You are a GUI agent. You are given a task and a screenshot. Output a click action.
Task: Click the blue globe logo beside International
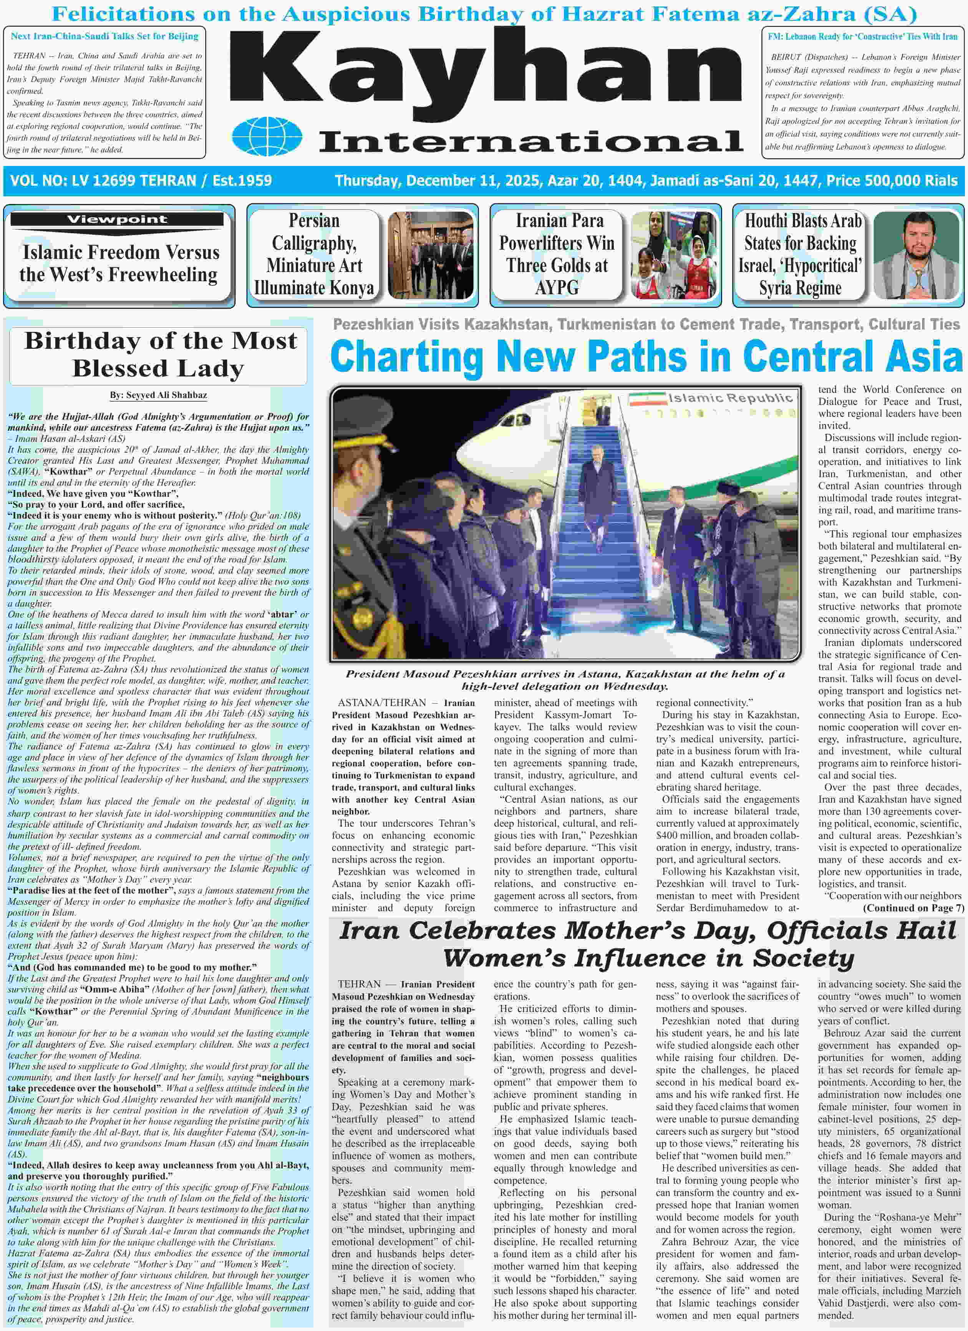267,137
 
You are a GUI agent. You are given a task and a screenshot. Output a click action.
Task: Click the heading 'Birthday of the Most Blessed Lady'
159,355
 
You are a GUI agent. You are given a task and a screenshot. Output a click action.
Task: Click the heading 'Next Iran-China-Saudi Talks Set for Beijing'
104,36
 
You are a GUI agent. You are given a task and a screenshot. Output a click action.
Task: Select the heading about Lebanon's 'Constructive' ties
862,36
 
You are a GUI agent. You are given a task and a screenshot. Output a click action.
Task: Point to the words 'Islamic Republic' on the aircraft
731,398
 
